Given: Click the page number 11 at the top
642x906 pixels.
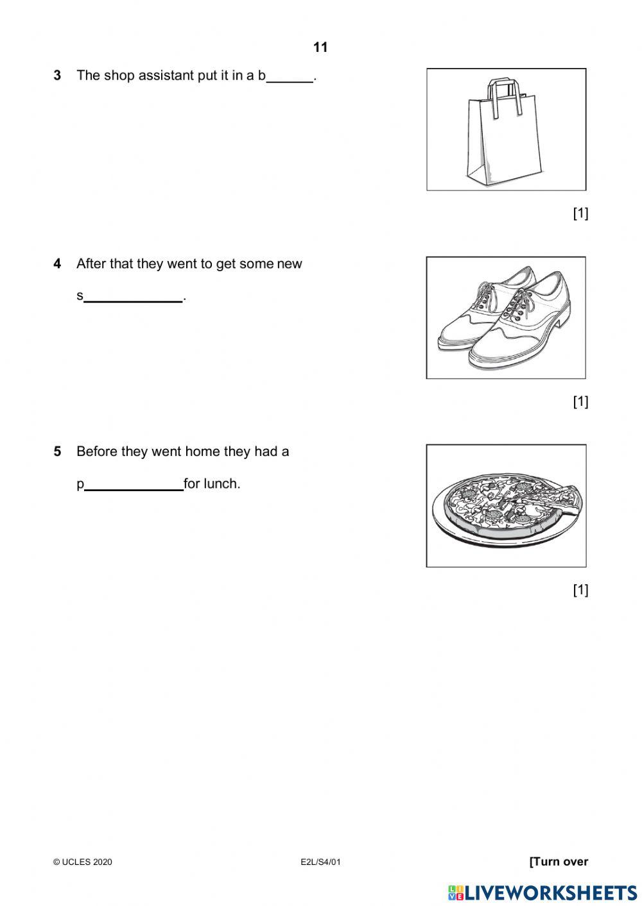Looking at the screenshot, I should pyautogui.click(x=320, y=47).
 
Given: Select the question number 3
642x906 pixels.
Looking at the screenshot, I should pyautogui.click(x=58, y=76).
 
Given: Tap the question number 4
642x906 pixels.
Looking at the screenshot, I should pyautogui.click(x=58, y=264).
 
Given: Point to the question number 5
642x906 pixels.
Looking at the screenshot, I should pyautogui.click(x=58, y=451).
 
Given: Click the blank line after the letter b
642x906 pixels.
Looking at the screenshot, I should pyautogui.click(x=290, y=80).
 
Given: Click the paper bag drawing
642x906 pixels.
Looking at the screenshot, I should pyautogui.click(x=505, y=131).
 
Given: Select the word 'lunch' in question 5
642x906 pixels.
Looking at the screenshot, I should pyautogui.click(x=221, y=484).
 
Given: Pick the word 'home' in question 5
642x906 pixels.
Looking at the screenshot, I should pyautogui.click(x=202, y=451).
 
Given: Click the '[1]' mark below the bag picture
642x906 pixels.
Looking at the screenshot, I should pyautogui.click(x=580, y=214).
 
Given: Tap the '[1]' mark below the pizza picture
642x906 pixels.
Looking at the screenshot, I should pyautogui.click(x=580, y=590).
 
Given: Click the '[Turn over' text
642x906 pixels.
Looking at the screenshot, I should pyautogui.click(x=559, y=862).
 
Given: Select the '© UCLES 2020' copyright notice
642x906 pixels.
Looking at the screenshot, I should pyautogui.click(x=83, y=862).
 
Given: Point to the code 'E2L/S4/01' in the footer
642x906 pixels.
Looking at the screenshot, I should pyautogui.click(x=320, y=862).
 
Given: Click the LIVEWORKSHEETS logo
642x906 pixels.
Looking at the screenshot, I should pyautogui.click(x=542, y=892).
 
